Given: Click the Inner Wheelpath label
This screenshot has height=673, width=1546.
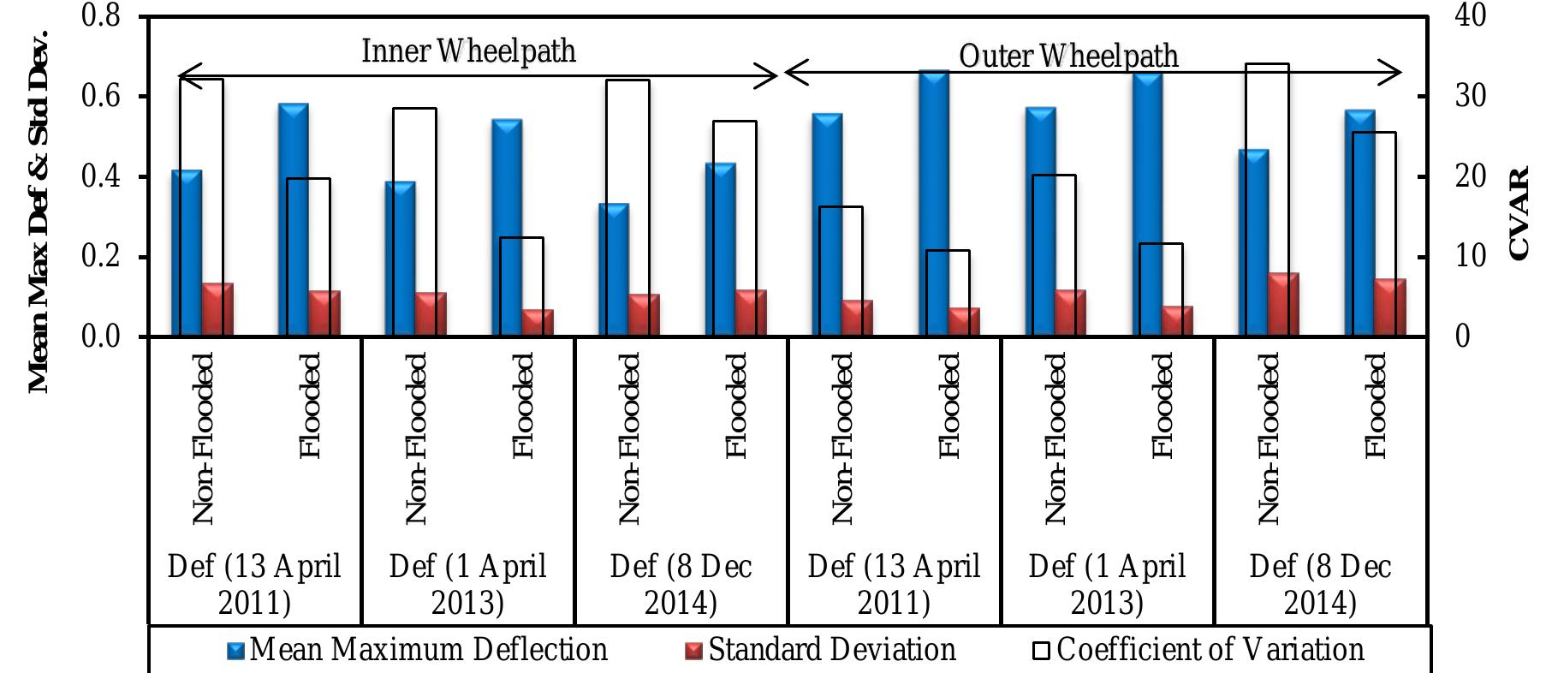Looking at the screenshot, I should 468,51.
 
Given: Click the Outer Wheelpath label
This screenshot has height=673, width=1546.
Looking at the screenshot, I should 1067,57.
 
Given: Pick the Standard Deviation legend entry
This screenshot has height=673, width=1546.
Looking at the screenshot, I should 822,650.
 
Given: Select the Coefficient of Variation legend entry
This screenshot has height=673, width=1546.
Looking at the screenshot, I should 1198,650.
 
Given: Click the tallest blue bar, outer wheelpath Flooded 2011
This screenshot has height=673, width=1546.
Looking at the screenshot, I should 934,205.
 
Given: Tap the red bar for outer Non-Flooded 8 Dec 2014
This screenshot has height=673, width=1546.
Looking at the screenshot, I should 1282,305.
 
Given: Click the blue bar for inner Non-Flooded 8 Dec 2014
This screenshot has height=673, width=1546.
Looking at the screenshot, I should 613,270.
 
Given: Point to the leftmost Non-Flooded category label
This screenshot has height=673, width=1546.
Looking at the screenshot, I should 202,438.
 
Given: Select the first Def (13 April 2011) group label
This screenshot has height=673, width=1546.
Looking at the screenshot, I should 254,584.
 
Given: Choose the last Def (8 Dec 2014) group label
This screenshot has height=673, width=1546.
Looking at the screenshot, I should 1320,584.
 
